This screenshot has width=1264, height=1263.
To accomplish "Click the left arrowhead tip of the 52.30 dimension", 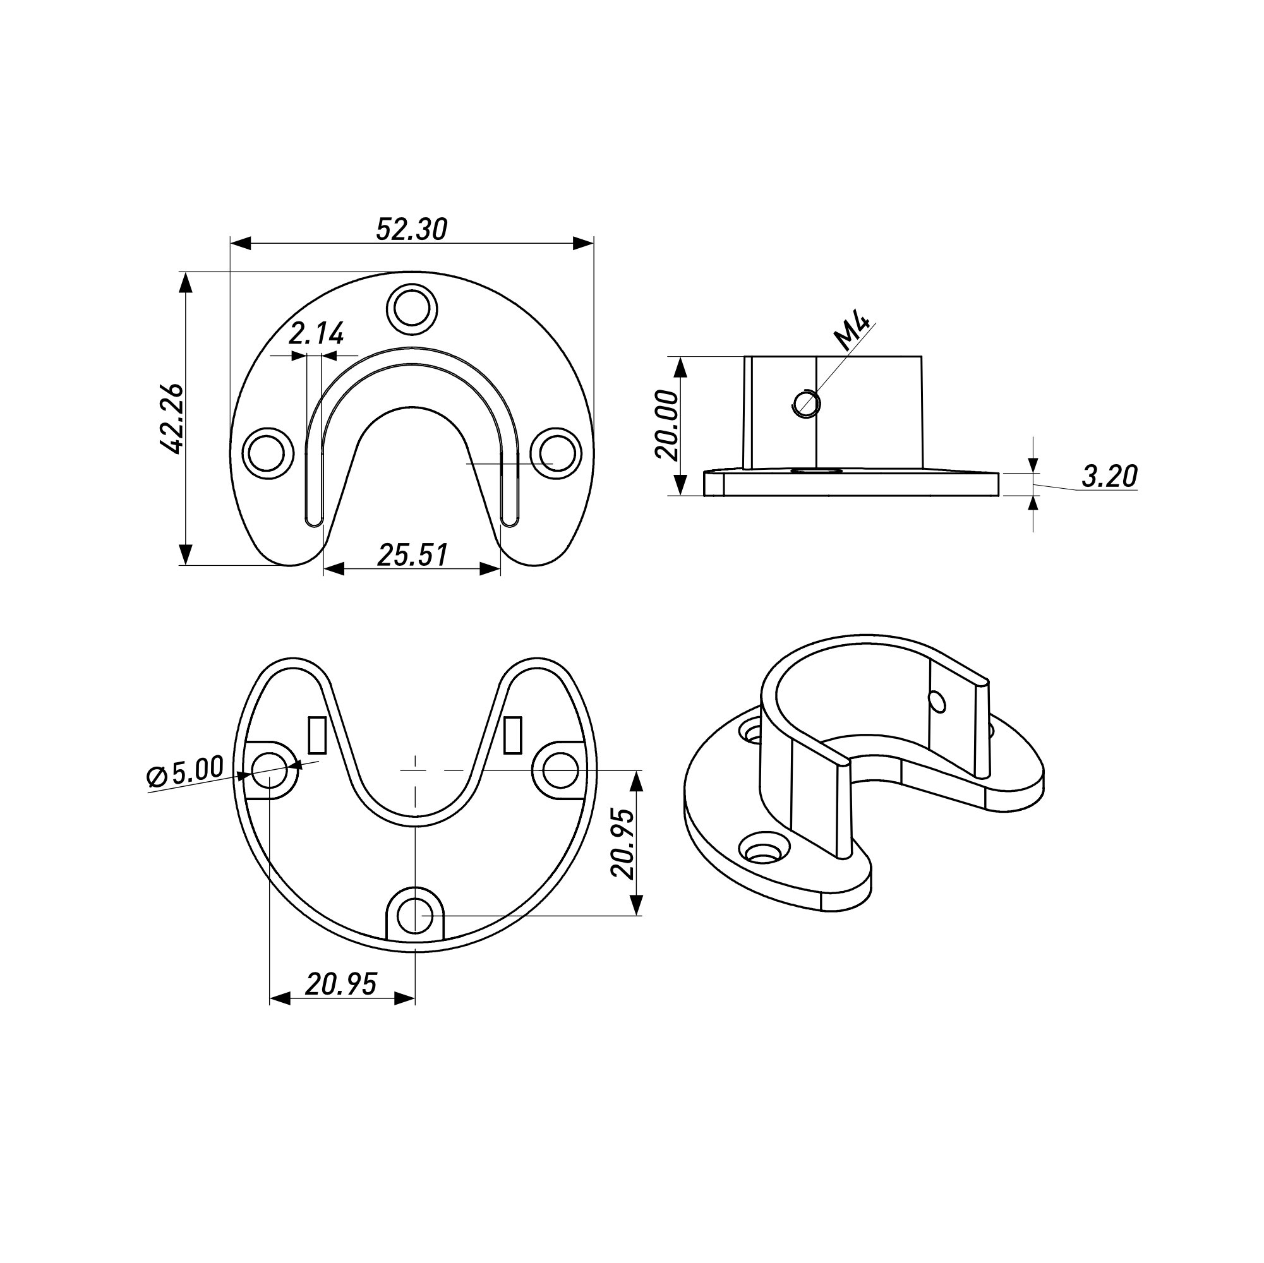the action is [x=231, y=243].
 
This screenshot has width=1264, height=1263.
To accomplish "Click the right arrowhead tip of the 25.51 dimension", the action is [x=500, y=568].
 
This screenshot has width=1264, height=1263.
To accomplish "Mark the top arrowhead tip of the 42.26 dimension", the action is [x=186, y=272].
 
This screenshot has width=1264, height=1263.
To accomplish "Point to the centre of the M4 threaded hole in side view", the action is [x=805, y=402].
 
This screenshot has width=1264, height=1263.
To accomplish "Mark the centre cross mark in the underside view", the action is [x=415, y=770].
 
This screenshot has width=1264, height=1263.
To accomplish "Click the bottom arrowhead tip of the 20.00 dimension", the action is [x=680, y=496].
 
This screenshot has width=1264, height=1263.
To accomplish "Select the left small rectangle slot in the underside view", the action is [x=316, y=734].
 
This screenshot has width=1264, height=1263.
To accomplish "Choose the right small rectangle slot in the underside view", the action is [x=513, y=734].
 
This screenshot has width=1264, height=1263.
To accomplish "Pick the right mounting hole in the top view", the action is [x=555, y=453].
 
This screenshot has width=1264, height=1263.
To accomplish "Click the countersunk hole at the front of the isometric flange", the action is [x=761, y=851].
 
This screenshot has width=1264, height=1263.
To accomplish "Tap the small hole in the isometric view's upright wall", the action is [x=937, y=702].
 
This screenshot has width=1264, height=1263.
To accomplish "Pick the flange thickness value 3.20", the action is [x=1110, y=476].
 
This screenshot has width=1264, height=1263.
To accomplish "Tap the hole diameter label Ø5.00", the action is [x=186, y=772].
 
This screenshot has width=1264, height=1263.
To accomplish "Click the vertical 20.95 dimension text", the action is [x=622, y=844].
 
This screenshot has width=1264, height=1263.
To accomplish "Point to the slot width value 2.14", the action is [x=316, y=334].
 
